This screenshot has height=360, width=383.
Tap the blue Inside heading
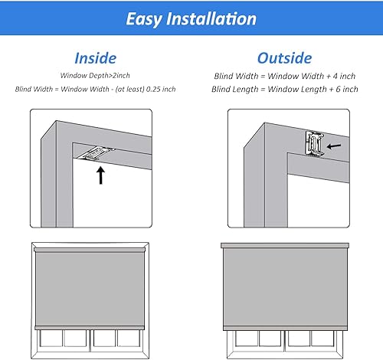click(x=95, y=57)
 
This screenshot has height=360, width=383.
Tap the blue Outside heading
click(x=284, y=57)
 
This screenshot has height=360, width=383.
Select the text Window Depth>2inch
click(x=94, y=75)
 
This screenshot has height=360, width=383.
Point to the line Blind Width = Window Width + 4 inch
click(x=285, y=75)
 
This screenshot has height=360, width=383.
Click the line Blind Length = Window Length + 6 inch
click(x=285, y=89)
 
